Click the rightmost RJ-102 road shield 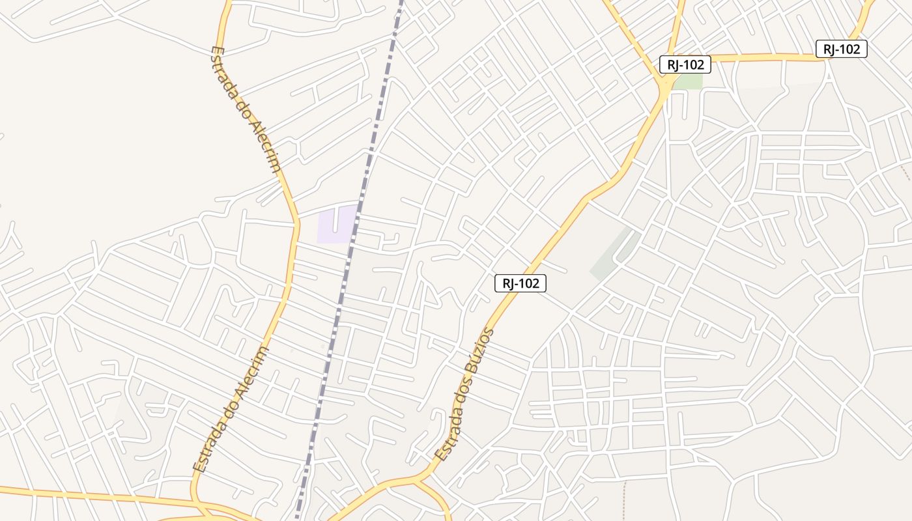[841, 49]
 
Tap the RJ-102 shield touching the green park [685, 64]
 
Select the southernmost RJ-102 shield [520, 283]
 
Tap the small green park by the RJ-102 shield [688, 81]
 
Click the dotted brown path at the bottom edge [624, 501]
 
